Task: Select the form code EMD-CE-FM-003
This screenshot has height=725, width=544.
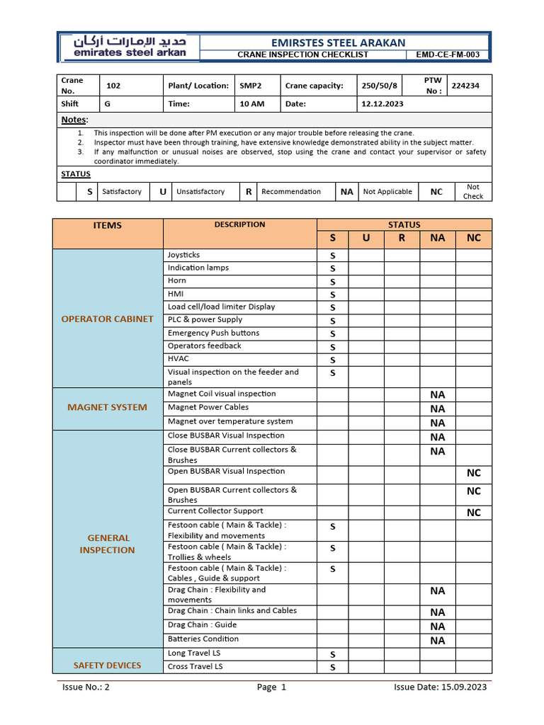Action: point(447,55)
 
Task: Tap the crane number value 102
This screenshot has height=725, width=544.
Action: point(113,86)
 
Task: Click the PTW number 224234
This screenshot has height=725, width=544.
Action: point(465,86)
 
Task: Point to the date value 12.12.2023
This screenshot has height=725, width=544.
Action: point(382,104)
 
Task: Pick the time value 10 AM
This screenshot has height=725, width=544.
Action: point(251,104)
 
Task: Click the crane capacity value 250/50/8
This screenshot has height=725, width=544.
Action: point(380,86)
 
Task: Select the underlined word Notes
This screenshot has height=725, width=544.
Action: point(73,120)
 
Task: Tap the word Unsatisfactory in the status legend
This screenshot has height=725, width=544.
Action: point(200,192)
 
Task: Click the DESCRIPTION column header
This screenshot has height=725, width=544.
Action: point(239,225)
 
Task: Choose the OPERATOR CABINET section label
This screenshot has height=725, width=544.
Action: point(107,319)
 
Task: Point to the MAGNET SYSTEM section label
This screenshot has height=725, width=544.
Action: point(107,408)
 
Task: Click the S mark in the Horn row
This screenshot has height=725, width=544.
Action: point(332,282)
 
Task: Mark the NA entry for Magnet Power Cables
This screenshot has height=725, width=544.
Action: point(438,409)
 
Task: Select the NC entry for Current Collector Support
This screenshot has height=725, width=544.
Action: point(473,513)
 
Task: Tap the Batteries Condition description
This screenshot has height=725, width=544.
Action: point(203,639)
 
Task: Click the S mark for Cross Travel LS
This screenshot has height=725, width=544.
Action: point(332,668)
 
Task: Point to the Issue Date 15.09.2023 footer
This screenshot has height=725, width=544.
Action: point(440,687)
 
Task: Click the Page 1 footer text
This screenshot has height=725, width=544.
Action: point(271,687)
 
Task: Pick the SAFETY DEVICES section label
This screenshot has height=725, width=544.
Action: point(107,666)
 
